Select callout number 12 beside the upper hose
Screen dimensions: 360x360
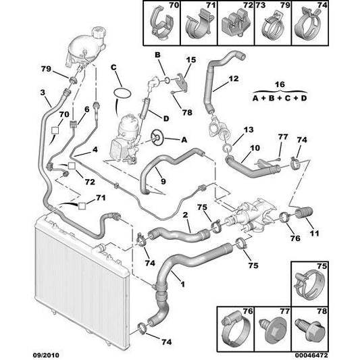[x=234, y=79]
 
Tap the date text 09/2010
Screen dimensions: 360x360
[x=46, y=355]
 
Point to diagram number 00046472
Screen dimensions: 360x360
[x=311, y=355]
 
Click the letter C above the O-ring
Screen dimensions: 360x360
[x=113, y=68]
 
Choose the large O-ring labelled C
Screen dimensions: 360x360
[x=122, y=94]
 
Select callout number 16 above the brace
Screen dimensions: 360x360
[x=280, y=84]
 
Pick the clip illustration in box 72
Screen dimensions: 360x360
[x=235, y=23]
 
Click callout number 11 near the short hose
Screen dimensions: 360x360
[x=315, y=233]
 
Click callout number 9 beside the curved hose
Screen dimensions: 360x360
[x=163, y=182]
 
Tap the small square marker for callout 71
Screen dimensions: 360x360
[x=82, y=206]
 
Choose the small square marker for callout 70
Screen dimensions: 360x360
[x=55, y=130]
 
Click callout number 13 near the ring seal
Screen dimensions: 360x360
[x=249, y=130]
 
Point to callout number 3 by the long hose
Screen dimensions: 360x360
[x=43, y=93]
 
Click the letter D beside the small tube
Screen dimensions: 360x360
[x=166, y=119]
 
